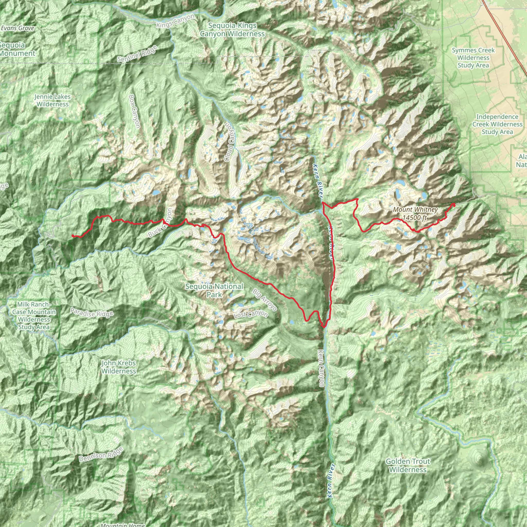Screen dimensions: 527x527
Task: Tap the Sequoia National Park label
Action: pos(214,290)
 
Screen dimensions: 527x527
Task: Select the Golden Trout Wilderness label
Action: pos(408,465)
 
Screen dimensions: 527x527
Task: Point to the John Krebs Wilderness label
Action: pos(119,367)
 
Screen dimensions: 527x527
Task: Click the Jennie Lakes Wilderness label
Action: pos(53,100)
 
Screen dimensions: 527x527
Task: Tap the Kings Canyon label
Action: pos(175,21)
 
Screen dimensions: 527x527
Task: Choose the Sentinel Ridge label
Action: pos(137,54)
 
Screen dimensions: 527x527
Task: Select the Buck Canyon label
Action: pos(161,223)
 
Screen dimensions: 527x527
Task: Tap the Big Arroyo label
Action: pos(265,300)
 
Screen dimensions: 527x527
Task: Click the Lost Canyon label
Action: pos(251,314)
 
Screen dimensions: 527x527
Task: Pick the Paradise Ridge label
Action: pos(92,313)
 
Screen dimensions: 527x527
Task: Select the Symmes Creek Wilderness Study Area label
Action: pos(473,58)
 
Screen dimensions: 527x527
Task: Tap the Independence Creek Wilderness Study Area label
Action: pos(497,124)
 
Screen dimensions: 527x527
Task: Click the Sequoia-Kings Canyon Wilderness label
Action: pos(232,29)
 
